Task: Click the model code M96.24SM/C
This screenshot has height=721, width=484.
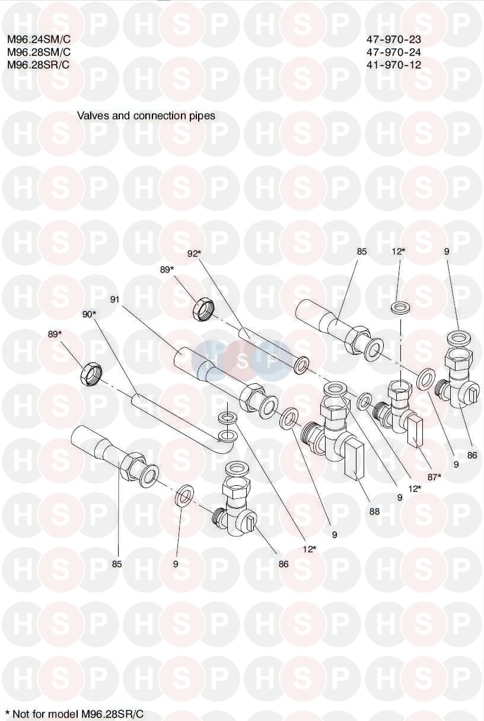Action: pyautogui.click(x=39, y=39)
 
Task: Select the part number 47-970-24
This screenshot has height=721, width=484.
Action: pyautogui.click(x=393, y=52)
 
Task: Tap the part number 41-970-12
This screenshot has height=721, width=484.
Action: pyautogui.click(x=393, y=65)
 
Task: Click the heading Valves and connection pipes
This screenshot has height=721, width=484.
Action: pyautogui.click(x=146, y=116)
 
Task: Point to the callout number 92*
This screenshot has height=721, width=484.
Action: pyautogui.click(x=195, y=254)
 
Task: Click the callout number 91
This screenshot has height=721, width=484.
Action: pyautogui.click(x=114, y=300)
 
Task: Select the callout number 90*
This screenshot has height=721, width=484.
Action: pyautogui.click(x=89, y=315)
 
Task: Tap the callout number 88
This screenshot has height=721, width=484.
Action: pyautogui.click(x=374, y=511)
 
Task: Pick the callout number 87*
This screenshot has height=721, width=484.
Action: pyautogui.click(x=434, y=477)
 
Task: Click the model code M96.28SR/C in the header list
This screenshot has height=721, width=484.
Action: pyautogui.click(x=38, y=65)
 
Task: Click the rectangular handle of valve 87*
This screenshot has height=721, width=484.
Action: pyautogui.click(x=415, y=431)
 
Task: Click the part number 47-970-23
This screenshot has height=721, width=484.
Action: pyautogui.click(x=393, y=39)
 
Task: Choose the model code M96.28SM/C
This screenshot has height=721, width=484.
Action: pyautogui.click(x=39, y=52)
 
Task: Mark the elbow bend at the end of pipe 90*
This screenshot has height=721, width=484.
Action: pyautogui.click(x=226, y=448)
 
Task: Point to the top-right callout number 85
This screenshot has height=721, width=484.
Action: pyautogui.click(x=362, y=251)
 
